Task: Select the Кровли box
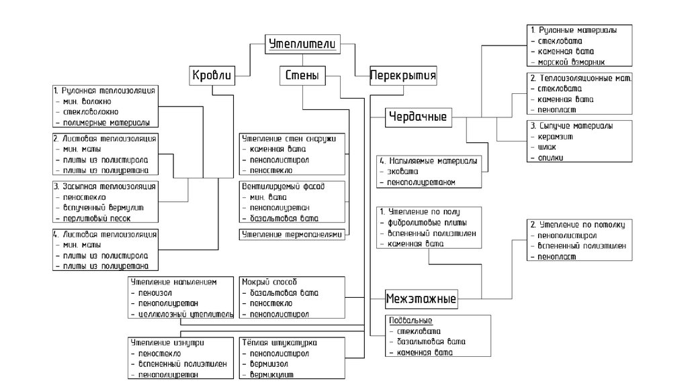click(212, 76)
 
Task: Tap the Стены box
click(300, 76)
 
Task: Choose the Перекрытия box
click(403, 76)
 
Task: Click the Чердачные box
click(418, 117)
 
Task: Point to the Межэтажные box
click(421, 298)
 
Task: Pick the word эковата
click(403, 172)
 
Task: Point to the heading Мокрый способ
click(269, 282)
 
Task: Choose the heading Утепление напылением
click(174, 282)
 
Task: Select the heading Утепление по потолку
click(578, 225)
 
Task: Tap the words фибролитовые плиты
click(427, 222)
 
